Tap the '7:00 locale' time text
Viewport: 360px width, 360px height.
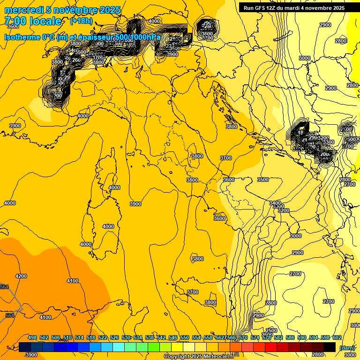(x=33, y=21)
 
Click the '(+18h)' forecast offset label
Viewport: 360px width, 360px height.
(x=81, y=21)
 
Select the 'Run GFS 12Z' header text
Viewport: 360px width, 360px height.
(x=262, y=8)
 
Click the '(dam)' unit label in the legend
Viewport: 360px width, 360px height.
(x=347, y=347)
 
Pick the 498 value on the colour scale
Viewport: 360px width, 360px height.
(x=32, y=337)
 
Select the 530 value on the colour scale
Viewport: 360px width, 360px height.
(x=126, y=337)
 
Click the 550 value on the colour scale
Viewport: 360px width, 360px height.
(x=185, y=337)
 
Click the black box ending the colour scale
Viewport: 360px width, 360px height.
(x=330, y=347)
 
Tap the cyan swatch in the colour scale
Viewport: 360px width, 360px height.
(x=119, y=347)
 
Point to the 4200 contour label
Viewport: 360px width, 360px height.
(x=21, y=277)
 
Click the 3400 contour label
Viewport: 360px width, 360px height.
(x=275, y=203)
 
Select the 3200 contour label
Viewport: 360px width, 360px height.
(x=284, y=211)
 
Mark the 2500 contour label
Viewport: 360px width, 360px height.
(x=271, y=330)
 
